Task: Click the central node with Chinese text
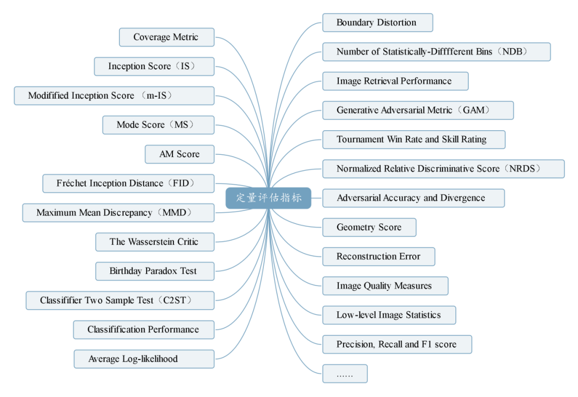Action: [269, 198]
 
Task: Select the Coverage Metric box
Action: [166, 38]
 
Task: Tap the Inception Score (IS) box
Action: [154, 66]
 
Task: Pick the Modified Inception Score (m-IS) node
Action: [114, 96]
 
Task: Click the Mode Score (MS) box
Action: [158, 125]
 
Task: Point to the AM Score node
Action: [179, 154]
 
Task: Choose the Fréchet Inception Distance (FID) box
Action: [128, 183]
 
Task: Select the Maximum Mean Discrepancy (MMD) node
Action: [118, 213]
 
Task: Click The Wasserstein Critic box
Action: [154, 242]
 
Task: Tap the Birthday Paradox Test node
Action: [154, 271]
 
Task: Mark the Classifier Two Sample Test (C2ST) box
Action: [120, 301]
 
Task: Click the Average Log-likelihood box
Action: [143, 359]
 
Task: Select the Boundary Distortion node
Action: [377, 23]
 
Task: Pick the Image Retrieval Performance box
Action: [395, 81]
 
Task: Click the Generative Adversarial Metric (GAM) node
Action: [417, 110]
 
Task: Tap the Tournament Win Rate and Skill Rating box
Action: [413, 140]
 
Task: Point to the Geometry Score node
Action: [369, 227]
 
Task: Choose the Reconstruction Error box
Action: [378, 257]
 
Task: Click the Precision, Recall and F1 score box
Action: [397, 344]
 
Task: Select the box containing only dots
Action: [345, 374]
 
